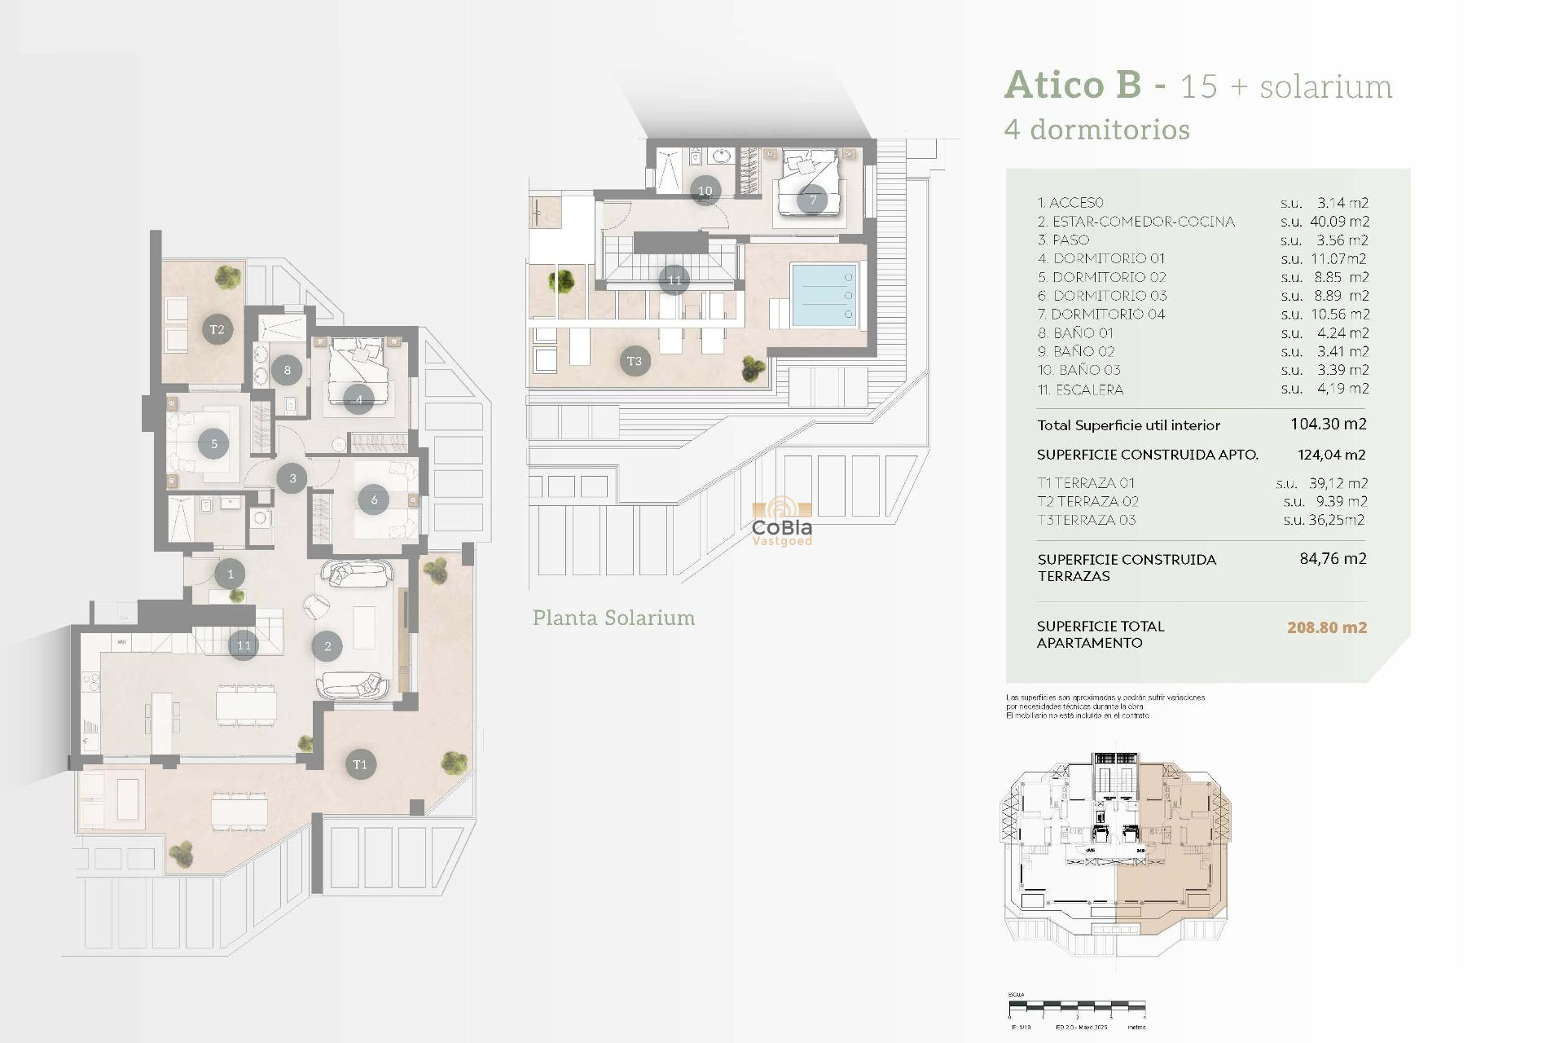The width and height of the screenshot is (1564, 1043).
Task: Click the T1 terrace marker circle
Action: point(360,764)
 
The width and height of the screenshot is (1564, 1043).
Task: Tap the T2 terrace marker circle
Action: point(217,329)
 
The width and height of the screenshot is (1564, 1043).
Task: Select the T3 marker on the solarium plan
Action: point(635,361)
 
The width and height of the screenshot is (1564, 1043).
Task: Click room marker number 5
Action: point(214,444)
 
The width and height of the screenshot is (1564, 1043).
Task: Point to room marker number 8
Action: point(287,370)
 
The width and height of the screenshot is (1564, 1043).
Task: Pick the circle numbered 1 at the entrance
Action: point(231,574)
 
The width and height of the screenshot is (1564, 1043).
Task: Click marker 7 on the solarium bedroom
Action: point(812,200)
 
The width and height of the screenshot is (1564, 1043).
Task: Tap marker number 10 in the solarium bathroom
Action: point(705,191)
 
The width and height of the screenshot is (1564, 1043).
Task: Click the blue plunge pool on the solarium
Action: point(824,295)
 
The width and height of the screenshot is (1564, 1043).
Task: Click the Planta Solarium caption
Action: point(613,618)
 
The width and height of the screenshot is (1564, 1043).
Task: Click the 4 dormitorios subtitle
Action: point(1096,130)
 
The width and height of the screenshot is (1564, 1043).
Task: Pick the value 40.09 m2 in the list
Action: point(1338,222)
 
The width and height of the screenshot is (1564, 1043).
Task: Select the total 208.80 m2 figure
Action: point(1326,627)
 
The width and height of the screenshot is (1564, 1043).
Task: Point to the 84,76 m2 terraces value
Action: point(1332,559)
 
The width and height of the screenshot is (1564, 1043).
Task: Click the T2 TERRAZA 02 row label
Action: point(1087,501)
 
